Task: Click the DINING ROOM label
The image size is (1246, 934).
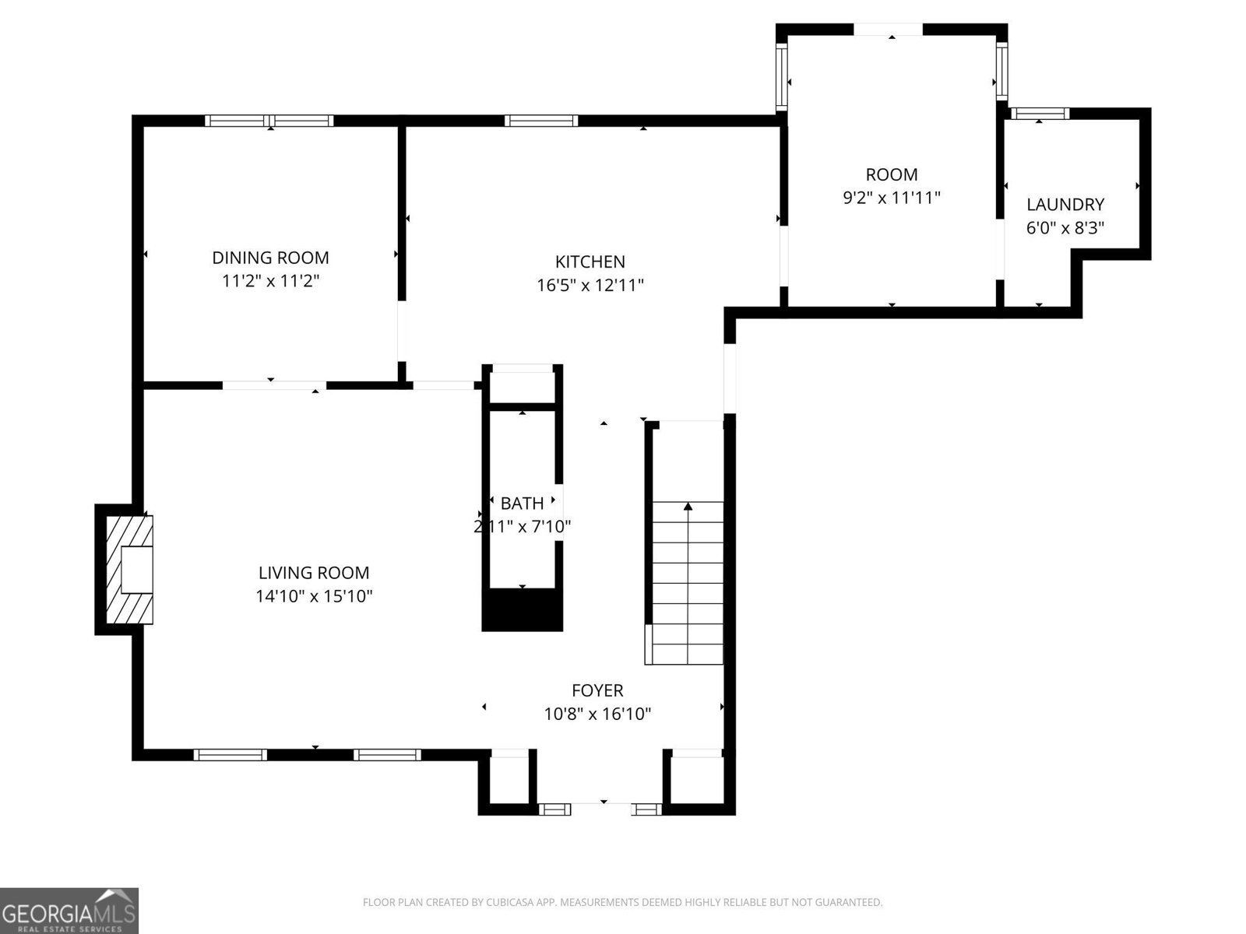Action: tap(270, 258)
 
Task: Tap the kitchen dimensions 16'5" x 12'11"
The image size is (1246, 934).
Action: tap(590, 286)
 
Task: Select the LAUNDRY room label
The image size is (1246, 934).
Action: tap(1065, 205)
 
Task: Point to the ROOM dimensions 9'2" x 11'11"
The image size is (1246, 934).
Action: tap(892, 198)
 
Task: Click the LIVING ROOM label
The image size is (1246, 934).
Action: tap(314, 573)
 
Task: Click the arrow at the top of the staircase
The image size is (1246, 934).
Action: tap(688, 507)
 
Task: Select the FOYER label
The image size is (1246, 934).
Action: tap(597, 690)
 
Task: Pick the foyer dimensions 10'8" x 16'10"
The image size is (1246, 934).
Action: tap(597, 714)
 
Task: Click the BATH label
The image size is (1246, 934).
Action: tap(522, 504)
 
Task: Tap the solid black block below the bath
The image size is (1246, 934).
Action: tap(522, 609)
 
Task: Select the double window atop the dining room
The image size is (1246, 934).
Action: tap(269, 121)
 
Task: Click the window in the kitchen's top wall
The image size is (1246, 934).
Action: tap(541, 121)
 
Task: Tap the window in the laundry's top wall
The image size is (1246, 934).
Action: tap(1039, 114)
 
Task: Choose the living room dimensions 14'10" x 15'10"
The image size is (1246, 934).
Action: tap(314, 597)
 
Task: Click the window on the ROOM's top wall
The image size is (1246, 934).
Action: tap(889, 30)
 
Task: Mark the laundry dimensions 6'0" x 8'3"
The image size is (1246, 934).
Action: tap(1065, 229)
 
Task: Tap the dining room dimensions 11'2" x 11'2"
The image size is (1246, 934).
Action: tap(270, 281)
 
